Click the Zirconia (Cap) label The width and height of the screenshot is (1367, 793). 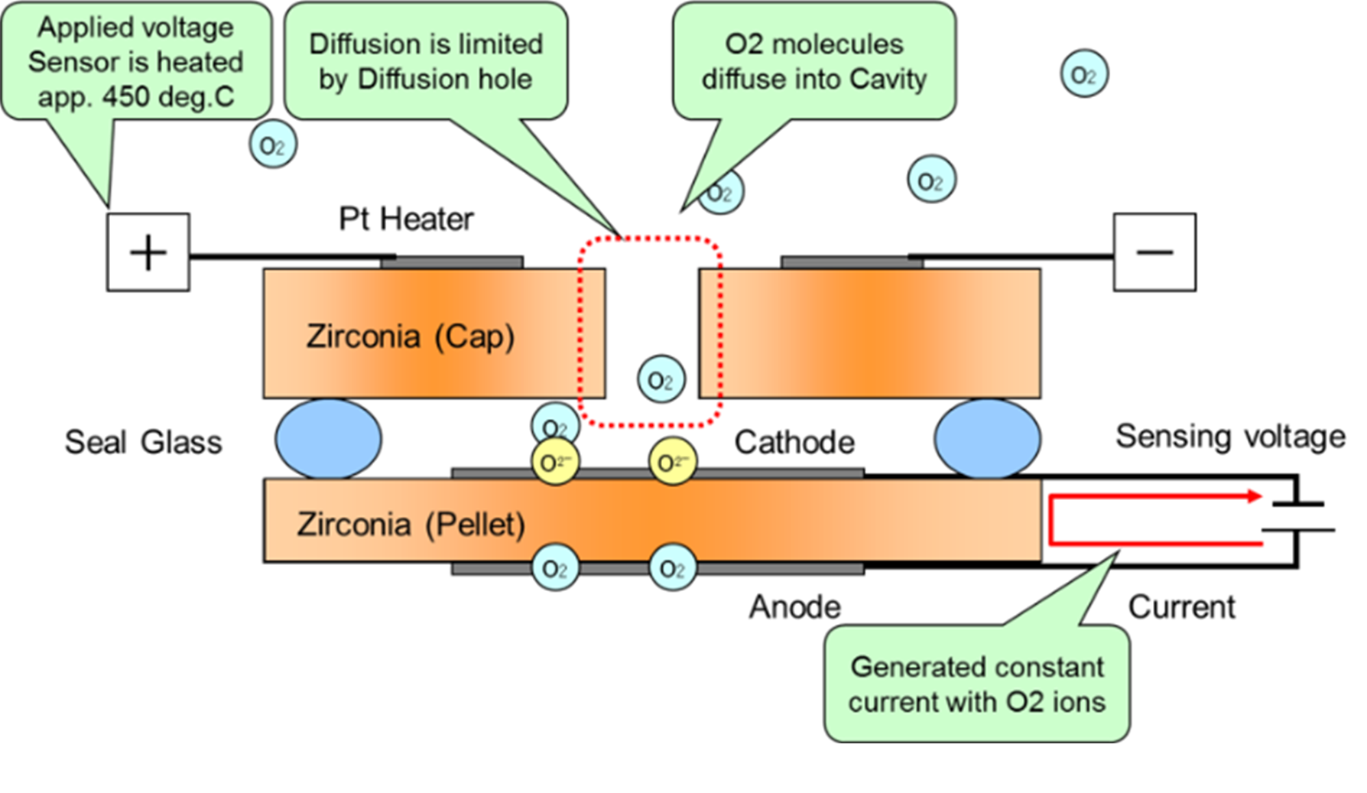tap(410, 336)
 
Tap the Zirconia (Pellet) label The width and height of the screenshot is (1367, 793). tap(411, 525)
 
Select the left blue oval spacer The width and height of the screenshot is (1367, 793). tap(328, 439)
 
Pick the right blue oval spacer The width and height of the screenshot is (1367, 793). tap(987, 439)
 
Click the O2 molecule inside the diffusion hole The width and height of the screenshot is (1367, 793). tap(661, 379)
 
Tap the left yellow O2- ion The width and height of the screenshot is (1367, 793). tap(555, 463)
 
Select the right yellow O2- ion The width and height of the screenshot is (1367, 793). tap(673, 463)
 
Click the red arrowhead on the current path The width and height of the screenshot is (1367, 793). tap(1255, 496)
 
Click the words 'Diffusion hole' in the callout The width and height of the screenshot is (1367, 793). tap(444, 80)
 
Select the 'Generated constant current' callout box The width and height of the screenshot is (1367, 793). tap(976, 684)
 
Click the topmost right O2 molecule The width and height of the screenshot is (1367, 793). tap(1084, 74)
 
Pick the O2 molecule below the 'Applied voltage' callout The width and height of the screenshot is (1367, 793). tap(273, 145)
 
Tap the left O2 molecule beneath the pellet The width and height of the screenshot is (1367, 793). tap(555, 569)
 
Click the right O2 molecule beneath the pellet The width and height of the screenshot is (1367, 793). tap(673, 569)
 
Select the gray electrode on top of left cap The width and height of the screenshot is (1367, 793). tap(453, 262)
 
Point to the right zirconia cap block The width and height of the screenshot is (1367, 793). tap(870, 333)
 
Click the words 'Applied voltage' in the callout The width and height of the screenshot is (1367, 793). tap(136, 28)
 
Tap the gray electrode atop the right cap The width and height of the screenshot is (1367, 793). tap(851, 262)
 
